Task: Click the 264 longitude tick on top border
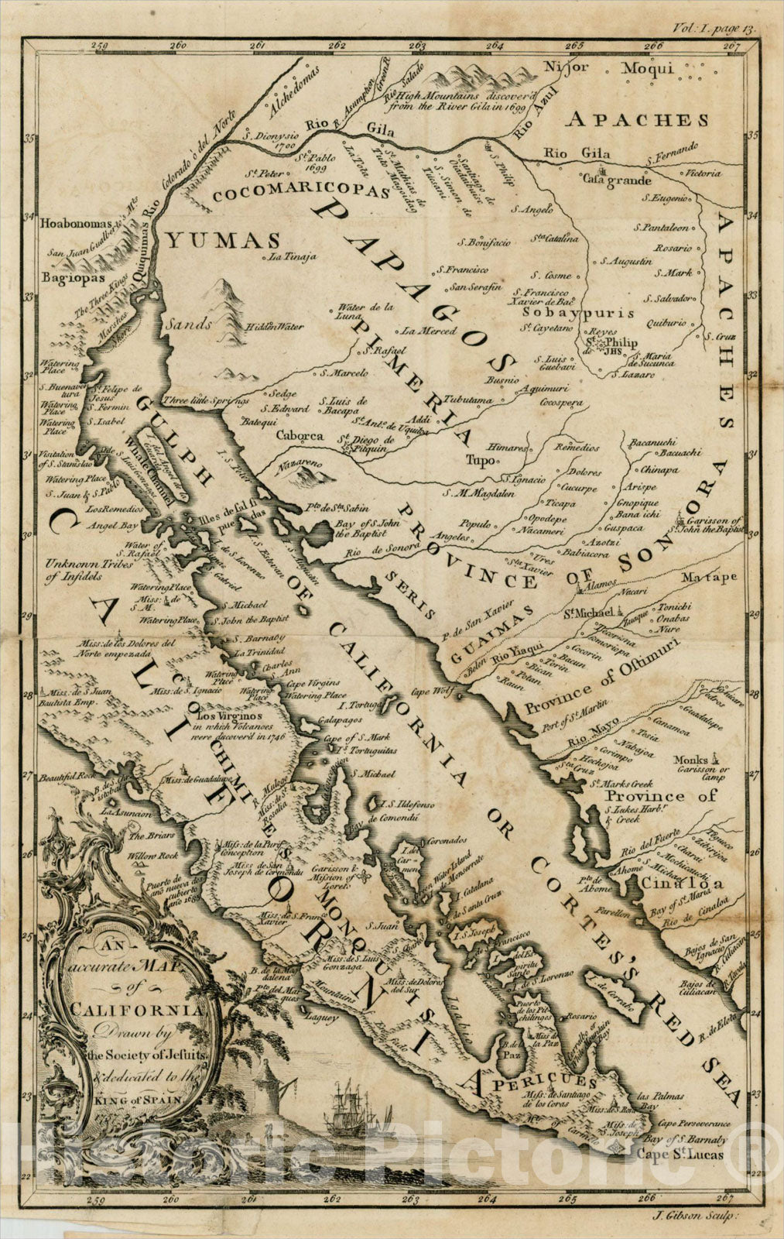pos(496,46)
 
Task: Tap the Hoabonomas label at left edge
pos(74,221)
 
